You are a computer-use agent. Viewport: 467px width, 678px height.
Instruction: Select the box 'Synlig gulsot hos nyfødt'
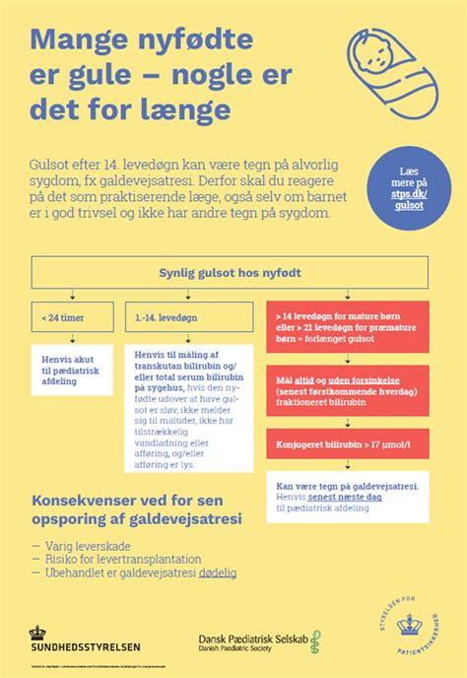click(231, 272)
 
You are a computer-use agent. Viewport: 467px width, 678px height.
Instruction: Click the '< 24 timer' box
click(73, 319)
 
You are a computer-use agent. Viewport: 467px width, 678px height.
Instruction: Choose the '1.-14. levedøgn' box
click(190, 319)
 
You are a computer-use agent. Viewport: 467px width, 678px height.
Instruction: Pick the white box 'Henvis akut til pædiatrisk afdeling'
click(73, 367)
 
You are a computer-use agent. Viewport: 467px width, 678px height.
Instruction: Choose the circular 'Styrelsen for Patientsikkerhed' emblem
click(408, 623)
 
